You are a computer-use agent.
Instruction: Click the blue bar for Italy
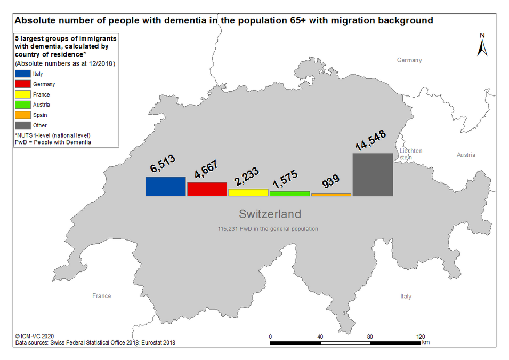(166, 187)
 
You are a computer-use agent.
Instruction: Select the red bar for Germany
(207, 189)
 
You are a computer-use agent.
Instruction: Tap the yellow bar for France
(248, 193)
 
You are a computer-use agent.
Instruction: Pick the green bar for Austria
(289, 194)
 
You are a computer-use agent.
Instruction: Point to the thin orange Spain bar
(331, 195)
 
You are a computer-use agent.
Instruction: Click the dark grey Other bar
(373, 174)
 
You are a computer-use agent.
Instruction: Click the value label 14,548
(370, 140)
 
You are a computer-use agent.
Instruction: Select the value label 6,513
(163, 163)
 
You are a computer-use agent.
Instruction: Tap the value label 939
(331, 181)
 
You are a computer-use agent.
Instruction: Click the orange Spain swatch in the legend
(23, 115)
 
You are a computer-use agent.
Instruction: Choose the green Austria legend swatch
(23, 105)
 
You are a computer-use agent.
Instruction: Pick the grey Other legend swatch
(23, 125)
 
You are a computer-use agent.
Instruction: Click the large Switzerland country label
(270, 214)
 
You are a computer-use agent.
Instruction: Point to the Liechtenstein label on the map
(411, 154)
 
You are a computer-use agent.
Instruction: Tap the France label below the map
(102, 295)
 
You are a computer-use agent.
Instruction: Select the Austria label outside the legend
(466, 155)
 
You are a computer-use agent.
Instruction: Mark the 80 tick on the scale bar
(370, 337)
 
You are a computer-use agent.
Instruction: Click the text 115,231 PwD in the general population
(268, 229)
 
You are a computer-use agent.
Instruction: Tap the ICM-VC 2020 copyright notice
(35, 337)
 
